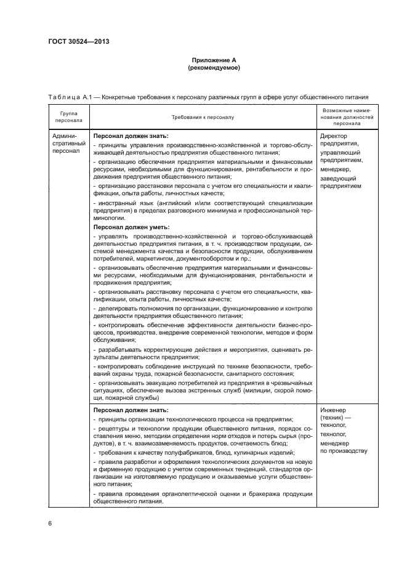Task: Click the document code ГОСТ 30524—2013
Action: coord(83,43)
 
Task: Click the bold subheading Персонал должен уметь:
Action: coord(131,227)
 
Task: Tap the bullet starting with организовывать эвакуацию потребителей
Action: coord(203,390)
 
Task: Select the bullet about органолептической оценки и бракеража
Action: coord(203,498)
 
